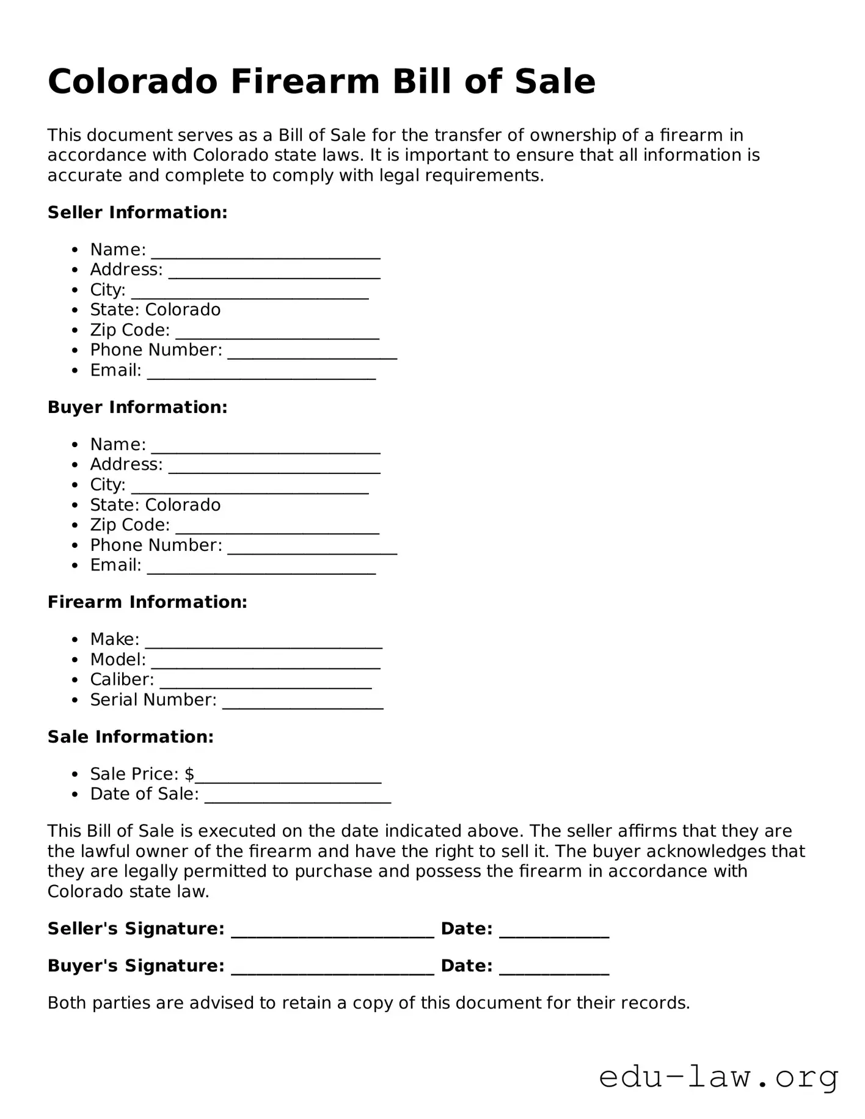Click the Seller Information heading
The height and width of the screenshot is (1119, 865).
(137, 213)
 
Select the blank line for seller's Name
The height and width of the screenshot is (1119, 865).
(266, 252)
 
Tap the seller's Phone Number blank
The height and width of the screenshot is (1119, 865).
(312, 352)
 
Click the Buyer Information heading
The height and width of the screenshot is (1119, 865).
(137, 407)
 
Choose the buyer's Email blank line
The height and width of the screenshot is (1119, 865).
(261, 567)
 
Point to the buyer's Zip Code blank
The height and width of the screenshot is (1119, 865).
(277, 527)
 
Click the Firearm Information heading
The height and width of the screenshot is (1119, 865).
(147, 602)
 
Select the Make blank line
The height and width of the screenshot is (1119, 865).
(264, 641)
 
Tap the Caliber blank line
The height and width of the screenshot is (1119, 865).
(266, 682)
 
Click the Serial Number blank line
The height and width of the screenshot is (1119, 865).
(303, 702)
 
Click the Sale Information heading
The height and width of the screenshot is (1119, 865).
(131, 737)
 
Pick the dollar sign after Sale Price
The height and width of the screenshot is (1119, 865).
(189, 775)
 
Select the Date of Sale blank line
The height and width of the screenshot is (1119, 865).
(297, 796)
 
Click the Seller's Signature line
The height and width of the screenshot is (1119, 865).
(333, 931)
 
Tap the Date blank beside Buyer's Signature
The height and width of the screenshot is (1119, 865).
(554, 968)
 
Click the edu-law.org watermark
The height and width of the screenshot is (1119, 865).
(718, 1077)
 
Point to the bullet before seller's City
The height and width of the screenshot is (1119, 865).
(75, 290)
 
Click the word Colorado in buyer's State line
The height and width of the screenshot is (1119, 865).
(183, 505)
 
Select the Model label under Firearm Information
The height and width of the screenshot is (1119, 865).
(118, 660)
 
